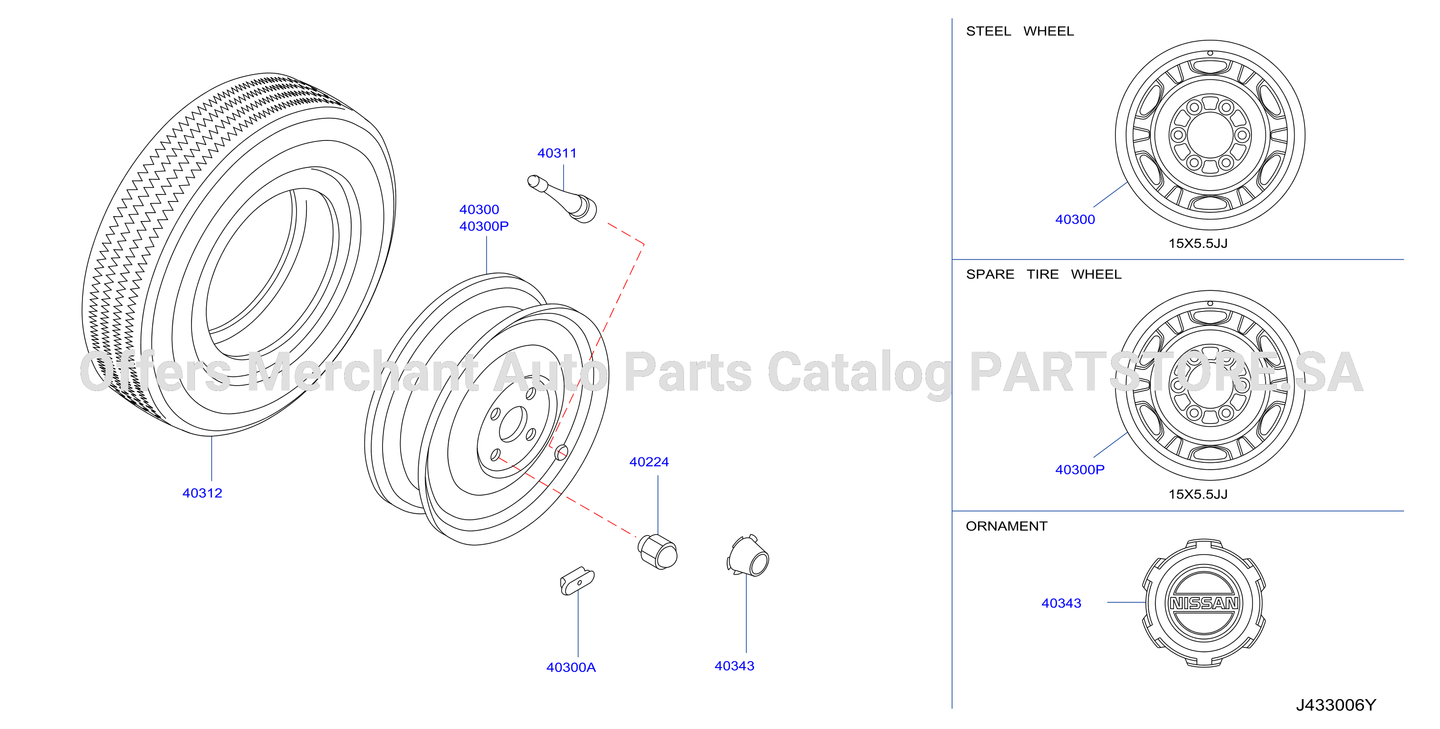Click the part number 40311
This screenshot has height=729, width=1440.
(x=557, y=153)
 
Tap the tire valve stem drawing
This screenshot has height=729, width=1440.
(x=562, y=198)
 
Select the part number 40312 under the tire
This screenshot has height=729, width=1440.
(x=202, y=494)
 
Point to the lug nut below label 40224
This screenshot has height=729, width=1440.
(x=657, y=552)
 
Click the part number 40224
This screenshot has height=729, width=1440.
(x=649, y=462)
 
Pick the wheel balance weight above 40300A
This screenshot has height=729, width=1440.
(x=577, y=581)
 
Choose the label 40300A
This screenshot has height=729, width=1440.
(x=571, y=668)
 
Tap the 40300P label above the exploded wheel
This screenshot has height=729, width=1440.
(x=484, y=226)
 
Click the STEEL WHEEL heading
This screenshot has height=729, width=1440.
(x=1020, y=31)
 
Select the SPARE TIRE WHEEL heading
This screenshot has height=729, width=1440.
(x=1044, y=275)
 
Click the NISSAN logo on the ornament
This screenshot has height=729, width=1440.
(x=1205, y=603)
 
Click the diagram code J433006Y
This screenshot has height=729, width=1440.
(x=1336, y=705)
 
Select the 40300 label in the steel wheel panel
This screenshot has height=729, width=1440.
(x=1075, y=220)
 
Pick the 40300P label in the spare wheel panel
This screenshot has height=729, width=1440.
(x=1080, y=470)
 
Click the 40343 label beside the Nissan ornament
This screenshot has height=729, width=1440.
(x=1061, y=604)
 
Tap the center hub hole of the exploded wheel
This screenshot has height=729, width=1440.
(x=513, y=424)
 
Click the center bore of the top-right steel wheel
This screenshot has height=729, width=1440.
(x=1210, y=135)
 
